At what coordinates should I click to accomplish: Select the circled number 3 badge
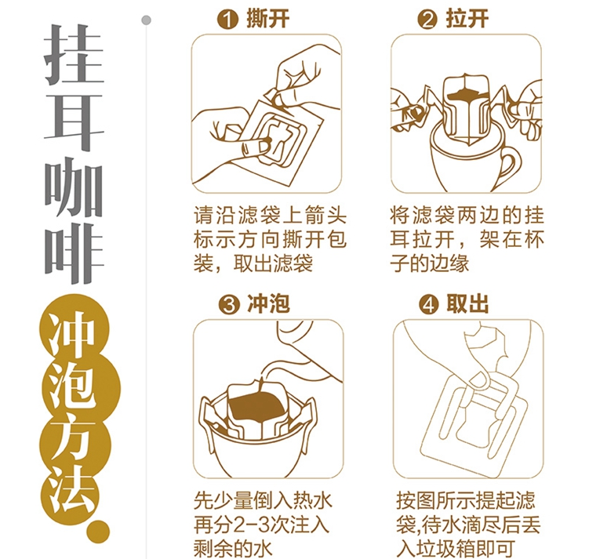pos(228,305)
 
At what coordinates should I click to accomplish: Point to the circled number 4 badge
pos(429,305)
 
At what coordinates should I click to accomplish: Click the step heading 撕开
pos(267,19)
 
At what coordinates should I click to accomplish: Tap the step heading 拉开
pos(467,19)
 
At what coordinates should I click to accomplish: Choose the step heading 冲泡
pos(268,303)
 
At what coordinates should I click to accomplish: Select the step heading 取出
pos(468,303)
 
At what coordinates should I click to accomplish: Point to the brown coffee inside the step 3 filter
pos(256,408)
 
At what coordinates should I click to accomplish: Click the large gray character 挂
pos(74,54)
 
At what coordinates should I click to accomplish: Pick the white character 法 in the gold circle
pos(74,489)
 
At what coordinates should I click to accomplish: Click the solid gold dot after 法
pos(97,532)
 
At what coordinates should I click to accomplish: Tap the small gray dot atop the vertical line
pos(147,20)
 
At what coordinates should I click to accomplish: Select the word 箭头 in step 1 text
pos(324,215)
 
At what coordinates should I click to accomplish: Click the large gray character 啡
pos(74,252)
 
